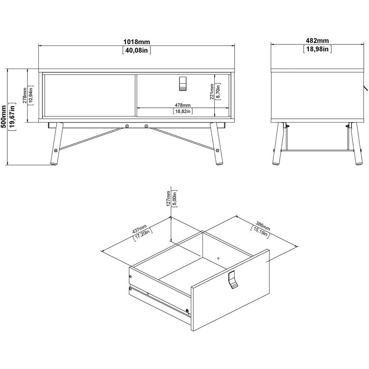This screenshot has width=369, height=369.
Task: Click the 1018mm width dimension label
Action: [x=137, y=42]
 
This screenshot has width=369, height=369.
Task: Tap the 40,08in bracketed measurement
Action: [x=137, y=51]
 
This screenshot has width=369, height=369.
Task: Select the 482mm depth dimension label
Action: [x=317, y=41]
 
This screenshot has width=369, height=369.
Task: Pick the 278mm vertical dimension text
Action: [x=25, y=96]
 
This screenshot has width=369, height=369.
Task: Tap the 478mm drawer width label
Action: [x=183, y=105]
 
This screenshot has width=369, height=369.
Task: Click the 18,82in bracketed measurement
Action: [x=183, y=111]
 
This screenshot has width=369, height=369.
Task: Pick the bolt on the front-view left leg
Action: [x=56, y=150]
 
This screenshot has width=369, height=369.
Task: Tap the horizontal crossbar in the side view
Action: [x=315, y=150]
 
